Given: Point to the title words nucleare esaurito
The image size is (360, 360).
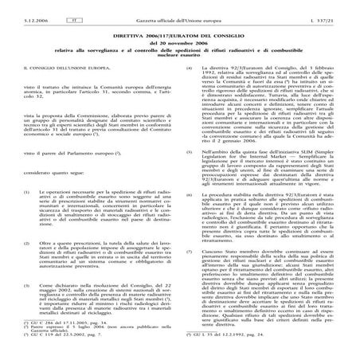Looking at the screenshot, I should [x=179, y=55].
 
